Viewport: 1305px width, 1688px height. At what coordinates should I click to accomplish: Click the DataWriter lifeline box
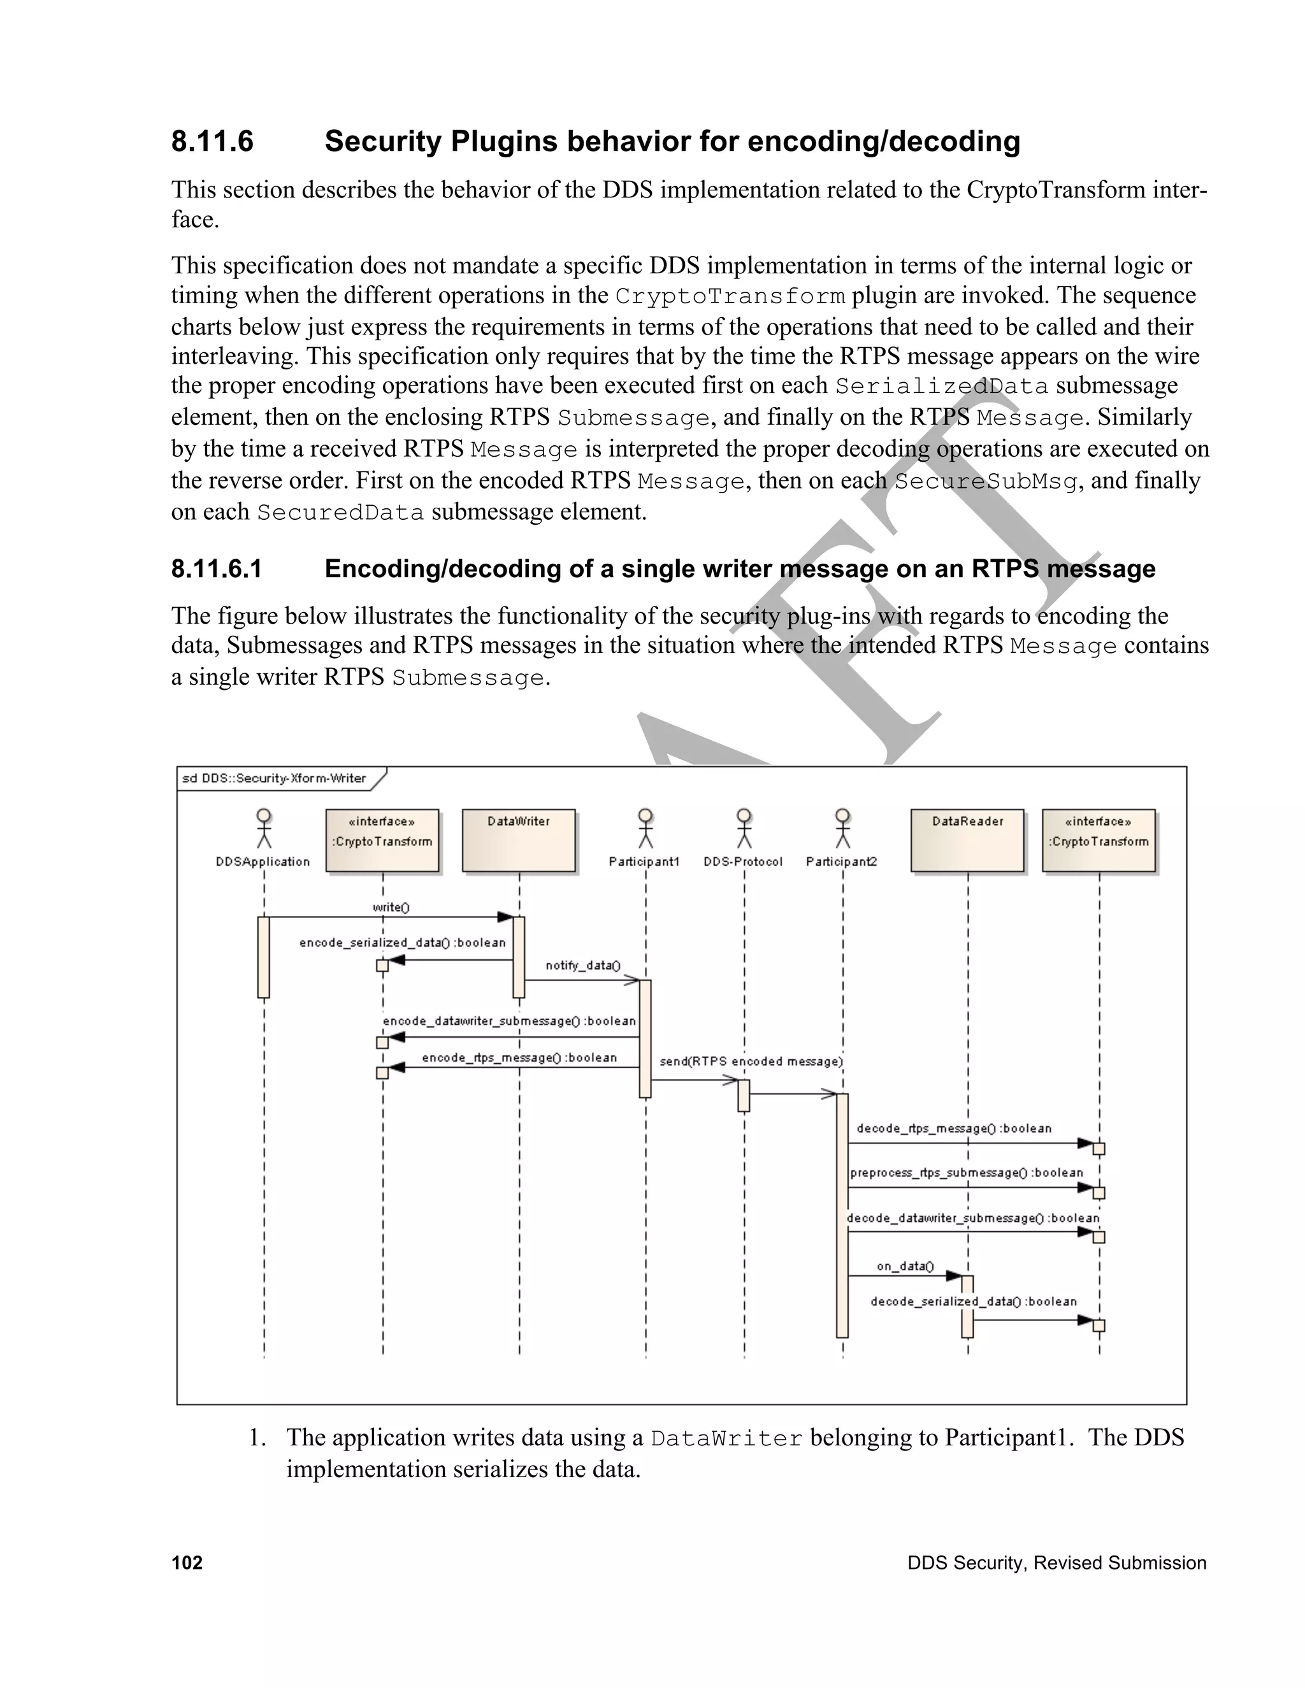pos(519,840)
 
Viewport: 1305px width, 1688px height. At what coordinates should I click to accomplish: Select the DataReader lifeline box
pos(967,840)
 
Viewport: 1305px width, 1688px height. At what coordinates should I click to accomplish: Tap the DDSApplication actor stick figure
pos(264,829)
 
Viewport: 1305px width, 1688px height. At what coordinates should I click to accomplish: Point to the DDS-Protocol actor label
pos(743,862)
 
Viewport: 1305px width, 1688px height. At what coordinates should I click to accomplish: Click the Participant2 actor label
pos(841,862)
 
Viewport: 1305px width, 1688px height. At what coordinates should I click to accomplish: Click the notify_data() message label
pos(583,965)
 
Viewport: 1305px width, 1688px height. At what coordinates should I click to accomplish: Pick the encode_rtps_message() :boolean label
pos(519,1057)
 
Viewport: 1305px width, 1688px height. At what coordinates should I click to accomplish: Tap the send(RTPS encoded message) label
pos(751,1061)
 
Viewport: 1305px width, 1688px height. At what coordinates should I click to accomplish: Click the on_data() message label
pos(905,1266)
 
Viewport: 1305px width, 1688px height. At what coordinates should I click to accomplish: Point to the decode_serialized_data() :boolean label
pos(974,1301)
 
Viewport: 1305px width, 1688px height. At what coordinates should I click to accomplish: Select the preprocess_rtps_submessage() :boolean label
pos(967,1173)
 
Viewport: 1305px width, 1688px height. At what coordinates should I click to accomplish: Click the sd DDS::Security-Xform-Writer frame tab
pos(275,778)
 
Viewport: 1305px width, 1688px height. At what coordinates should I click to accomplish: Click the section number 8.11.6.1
pos(217,569)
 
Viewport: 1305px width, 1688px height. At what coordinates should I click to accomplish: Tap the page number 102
pos(187,1563)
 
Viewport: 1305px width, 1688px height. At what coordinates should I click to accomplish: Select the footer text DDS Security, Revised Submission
pos(1056,1563)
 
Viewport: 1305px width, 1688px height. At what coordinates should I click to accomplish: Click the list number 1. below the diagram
pos(257,1438)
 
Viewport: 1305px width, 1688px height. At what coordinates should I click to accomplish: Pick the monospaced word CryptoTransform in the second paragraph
pos(730,297)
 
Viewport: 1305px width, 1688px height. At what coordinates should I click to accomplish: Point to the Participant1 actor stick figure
pos(645,829)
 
